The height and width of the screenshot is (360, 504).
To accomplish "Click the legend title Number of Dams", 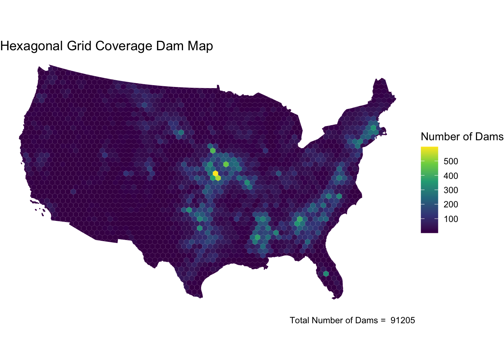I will (462, 137).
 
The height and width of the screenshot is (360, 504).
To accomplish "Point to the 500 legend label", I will (450, 162).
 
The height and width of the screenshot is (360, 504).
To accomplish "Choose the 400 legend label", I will (450, 176).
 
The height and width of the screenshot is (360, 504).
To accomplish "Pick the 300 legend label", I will (450, 190).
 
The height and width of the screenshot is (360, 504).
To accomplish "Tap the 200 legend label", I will (450, 205).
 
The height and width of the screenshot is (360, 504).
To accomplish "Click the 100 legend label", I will (450, 219).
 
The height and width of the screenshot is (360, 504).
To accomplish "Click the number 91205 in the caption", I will (403, 320).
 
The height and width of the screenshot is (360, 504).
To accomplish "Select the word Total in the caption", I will (300, 320).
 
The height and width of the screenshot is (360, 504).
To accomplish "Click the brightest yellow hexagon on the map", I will (215, 173).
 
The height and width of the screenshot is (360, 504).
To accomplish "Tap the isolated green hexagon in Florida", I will (326, 274).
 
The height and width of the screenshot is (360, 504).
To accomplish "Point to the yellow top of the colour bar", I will (429, 148).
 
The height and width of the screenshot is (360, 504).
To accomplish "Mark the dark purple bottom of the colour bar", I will (429, 231).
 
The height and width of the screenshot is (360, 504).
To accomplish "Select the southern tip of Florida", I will (335, 298).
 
